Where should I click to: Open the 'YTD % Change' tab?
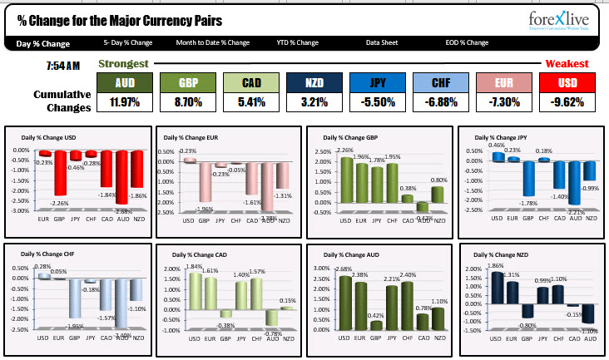297,42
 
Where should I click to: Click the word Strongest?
124,63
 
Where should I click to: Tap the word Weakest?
567,63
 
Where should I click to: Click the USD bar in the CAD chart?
194,296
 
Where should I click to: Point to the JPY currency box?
376,82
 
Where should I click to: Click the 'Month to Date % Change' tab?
212,42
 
